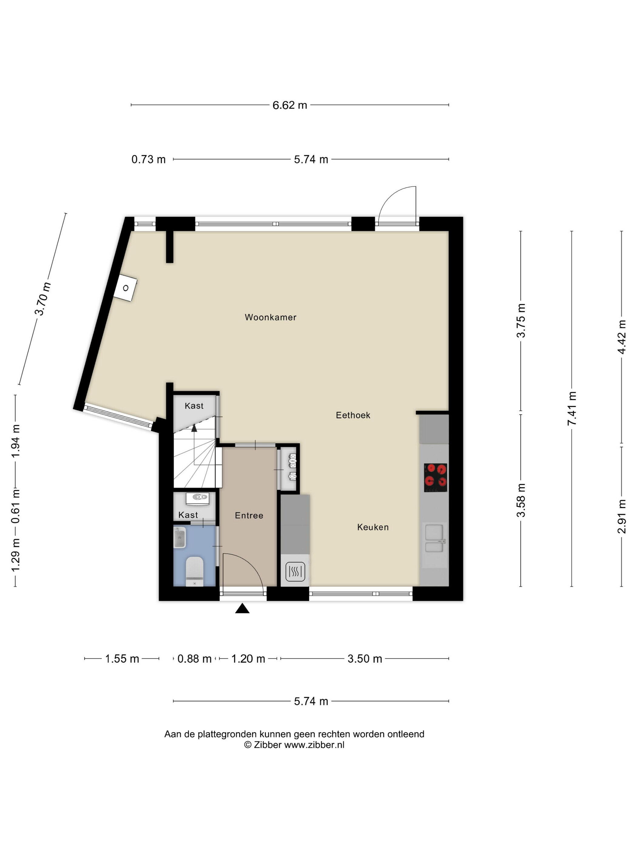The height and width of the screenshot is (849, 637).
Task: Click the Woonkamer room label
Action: [270, 317]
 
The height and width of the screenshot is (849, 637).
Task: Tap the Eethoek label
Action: [353, 415]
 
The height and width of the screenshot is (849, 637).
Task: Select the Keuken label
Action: [373, 527]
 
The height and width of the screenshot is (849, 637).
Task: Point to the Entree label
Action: [249, 515]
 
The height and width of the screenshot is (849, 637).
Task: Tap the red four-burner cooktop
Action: [435, 478]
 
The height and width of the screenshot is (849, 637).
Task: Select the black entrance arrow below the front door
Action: [242, 608]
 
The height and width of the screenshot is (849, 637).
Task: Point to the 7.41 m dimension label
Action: [572, 408]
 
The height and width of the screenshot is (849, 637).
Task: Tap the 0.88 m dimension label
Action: [194, 659]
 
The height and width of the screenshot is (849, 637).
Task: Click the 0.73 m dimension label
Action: [148, 159]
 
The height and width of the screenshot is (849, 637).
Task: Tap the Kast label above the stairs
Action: [194, 406]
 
